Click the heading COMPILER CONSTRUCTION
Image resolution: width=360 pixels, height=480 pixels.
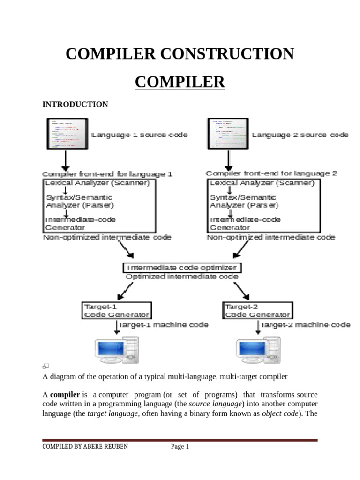[180, 54]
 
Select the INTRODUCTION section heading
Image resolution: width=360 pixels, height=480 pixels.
[75, 105]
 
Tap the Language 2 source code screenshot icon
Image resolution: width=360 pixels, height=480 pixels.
[228, 133]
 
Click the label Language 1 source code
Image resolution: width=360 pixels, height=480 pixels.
[139, 135]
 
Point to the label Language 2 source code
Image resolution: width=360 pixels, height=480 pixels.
[300, 135]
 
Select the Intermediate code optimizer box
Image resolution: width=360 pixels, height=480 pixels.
[183, 268]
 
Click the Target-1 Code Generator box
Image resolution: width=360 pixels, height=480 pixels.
[116, 311]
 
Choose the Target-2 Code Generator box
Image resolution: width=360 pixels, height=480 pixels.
[256, 311]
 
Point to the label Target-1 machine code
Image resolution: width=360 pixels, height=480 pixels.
[163, 325]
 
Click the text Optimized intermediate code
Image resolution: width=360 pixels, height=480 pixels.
[182, 277]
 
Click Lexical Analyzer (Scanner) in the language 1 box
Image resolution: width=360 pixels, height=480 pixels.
[97, 183]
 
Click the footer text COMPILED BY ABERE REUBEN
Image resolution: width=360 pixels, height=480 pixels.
[85, 447]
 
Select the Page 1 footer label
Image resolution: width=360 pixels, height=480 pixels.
[180, 447]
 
